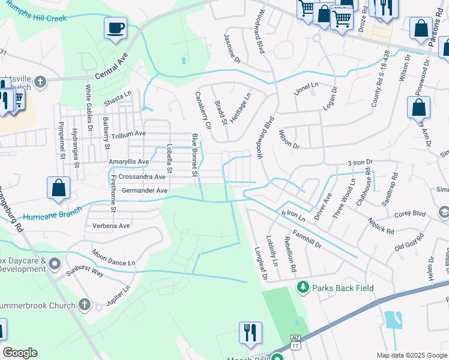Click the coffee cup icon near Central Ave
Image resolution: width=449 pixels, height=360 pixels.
click(115, 28)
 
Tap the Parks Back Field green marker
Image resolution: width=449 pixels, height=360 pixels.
click(303, 288)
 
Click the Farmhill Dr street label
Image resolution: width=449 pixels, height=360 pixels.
click(307, 239)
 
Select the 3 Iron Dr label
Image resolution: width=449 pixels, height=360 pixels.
click(360, 162)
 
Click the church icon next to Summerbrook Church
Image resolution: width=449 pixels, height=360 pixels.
click(84, 305)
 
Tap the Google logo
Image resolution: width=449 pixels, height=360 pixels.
click(20, 353)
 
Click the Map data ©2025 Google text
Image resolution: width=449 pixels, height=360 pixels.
click(411, 355)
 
